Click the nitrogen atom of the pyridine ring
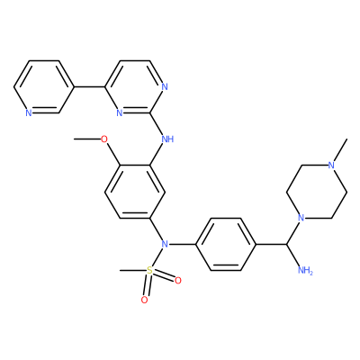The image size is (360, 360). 29,113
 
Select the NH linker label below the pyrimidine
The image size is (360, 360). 167,139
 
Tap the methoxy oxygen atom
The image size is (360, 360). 104,139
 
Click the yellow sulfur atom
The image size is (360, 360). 149,271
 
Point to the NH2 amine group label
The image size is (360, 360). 305,271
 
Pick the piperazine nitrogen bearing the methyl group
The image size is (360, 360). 331,166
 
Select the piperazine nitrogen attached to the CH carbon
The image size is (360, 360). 301,218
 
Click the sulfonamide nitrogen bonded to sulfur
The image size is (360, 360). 165,244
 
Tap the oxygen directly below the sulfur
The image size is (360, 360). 144,300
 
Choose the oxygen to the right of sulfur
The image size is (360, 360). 178,281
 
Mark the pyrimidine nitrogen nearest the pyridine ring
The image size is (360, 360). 120,113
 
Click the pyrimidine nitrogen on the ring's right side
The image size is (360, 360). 164,87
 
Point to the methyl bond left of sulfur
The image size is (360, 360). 133,271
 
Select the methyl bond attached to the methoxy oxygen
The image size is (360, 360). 87,139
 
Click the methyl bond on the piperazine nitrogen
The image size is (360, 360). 340,150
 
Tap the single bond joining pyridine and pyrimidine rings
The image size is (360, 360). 89,87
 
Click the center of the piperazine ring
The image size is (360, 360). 317,192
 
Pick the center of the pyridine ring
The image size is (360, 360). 44,87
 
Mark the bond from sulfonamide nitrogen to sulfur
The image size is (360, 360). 157,257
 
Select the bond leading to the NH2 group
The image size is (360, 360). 293,256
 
